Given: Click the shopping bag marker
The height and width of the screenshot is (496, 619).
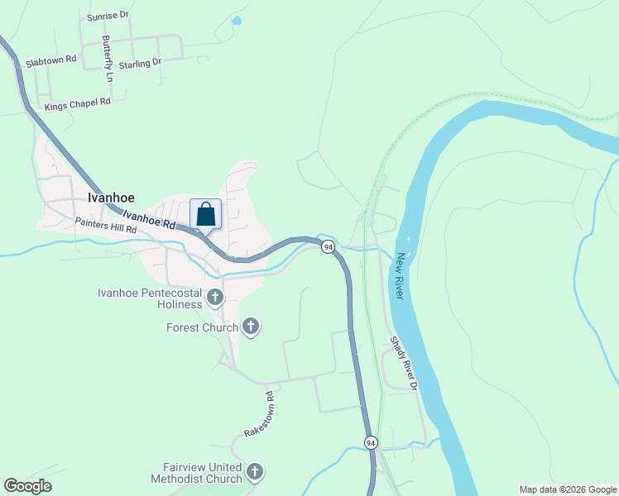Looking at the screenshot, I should tap(206, 214).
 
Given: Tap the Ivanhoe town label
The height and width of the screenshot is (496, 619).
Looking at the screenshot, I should tap(111, 198).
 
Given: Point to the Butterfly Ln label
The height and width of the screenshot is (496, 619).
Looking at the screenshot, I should tap(108, 58).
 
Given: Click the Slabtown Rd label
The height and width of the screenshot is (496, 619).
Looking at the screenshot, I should tap(51, 60).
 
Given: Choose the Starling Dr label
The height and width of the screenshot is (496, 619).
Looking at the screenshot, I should tap(140, 63).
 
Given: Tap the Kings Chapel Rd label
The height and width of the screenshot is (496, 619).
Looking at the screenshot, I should tap(77, 104).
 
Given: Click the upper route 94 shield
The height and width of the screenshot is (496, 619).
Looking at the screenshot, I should tap(329, 247).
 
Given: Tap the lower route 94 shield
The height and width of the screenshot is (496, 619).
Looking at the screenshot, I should tap(371, 444).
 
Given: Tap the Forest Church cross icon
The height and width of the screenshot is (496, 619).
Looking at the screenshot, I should tap(250, 327).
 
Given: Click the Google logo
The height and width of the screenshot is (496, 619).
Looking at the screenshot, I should tap(28, 486).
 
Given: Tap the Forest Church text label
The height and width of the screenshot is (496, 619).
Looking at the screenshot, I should tap(203, 328).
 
